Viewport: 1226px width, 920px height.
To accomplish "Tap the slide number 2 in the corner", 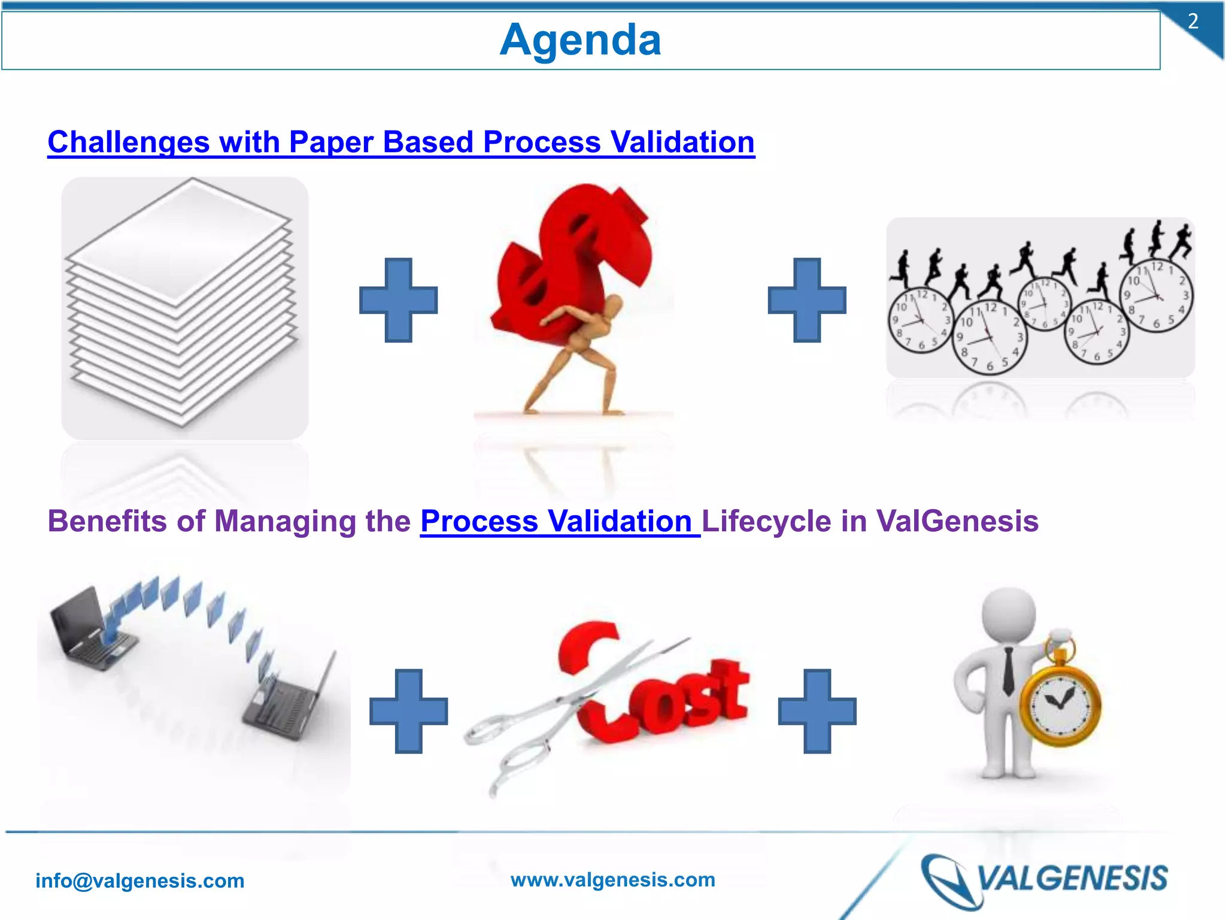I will [1192, 22].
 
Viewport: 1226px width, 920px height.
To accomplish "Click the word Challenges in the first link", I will [128, 143].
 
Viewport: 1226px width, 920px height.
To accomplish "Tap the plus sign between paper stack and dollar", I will [398, 300].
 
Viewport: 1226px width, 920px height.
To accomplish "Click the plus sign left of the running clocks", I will [806, 300].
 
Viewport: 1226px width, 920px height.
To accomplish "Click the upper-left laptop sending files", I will [90, 629].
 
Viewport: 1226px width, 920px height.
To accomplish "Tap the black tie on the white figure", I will [1009, 671].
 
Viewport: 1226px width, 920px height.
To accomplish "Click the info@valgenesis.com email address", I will [139, 880].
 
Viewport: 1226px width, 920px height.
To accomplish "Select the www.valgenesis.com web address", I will [612, 879].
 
